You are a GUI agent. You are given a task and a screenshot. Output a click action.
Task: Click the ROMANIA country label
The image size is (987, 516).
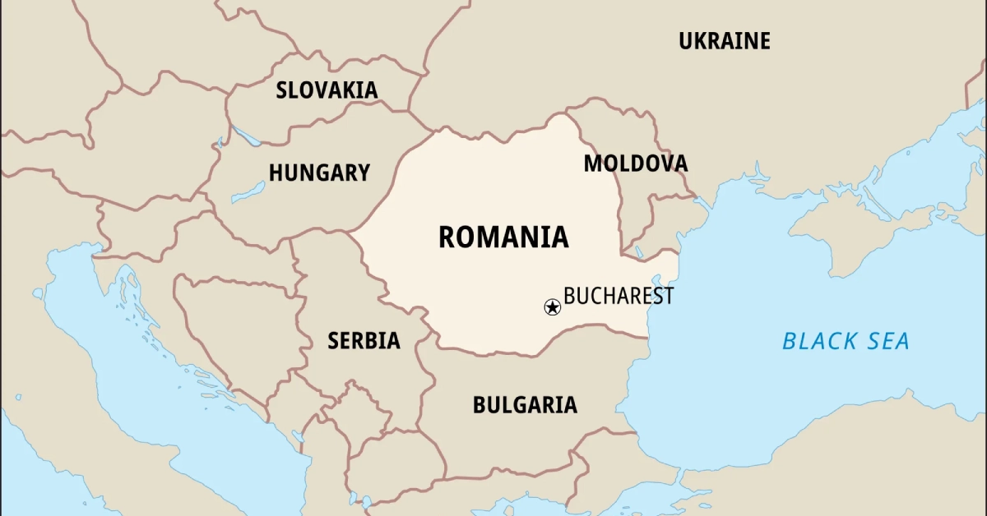point(503,237)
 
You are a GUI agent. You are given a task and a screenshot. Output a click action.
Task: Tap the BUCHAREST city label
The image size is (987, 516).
point(618,296)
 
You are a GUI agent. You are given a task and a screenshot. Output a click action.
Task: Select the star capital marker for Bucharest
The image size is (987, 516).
point(553,307)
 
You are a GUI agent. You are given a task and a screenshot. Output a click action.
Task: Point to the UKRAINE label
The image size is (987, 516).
point(724,41)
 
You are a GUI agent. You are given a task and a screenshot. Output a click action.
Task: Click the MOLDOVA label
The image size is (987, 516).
point(635,164)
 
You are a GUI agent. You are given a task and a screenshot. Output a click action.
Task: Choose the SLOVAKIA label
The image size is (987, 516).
point(327,90)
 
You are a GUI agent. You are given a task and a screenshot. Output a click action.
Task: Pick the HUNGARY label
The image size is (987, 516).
point(319,173)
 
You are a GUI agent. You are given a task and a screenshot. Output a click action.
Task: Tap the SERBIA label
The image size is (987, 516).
point(364,340)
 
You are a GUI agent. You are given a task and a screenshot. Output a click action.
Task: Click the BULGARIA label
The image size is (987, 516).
point(525,405)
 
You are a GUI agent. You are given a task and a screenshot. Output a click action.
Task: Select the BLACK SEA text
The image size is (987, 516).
point(846,341)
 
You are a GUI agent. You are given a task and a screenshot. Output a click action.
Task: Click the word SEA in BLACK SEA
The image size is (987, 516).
point(887,341)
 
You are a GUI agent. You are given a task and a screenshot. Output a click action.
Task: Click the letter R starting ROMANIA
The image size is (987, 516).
point(447,237)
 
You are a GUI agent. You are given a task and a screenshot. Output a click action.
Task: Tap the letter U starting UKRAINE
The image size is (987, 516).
point(685,41)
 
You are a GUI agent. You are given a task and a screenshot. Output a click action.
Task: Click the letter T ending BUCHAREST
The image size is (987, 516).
point(667,296)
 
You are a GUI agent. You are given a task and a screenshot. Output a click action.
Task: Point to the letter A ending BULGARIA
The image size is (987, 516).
point(569,405)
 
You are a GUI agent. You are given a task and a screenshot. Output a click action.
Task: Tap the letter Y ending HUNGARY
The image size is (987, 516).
point(363,173)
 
